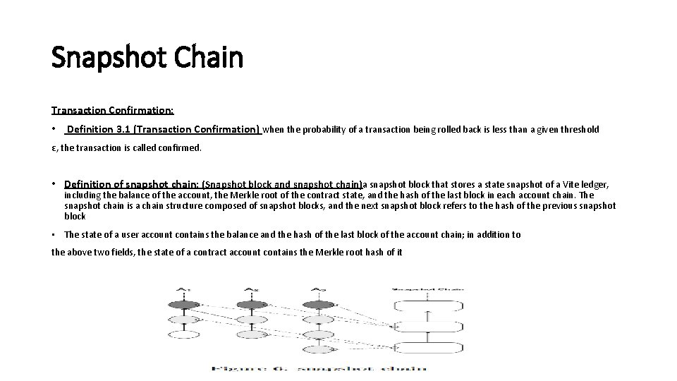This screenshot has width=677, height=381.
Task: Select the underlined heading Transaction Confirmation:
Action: (113, 110)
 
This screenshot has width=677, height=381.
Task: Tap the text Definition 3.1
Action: (97, 129)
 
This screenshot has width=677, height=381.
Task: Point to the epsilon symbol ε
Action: (54, 148)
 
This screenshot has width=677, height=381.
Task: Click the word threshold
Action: (576, 129)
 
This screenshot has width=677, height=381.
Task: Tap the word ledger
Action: (592, 183)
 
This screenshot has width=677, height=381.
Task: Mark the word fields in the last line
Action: (135, 252)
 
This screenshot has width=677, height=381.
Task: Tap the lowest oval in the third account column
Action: (317, 349)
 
